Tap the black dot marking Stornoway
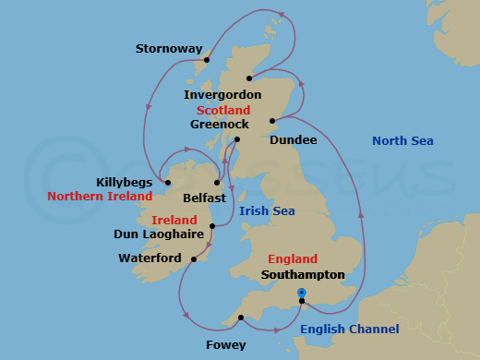point(207,61)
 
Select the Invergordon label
point(222,94)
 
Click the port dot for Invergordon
point(249,78)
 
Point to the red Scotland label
point(223,109)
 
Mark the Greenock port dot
point(237,139)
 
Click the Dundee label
point(294,139)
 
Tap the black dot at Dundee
point(272,121)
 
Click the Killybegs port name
point(125,182)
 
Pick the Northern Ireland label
point(100,197)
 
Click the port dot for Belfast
point(220,183)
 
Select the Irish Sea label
point(267,211)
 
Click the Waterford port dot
point(194,259)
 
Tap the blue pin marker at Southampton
point(302,294)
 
